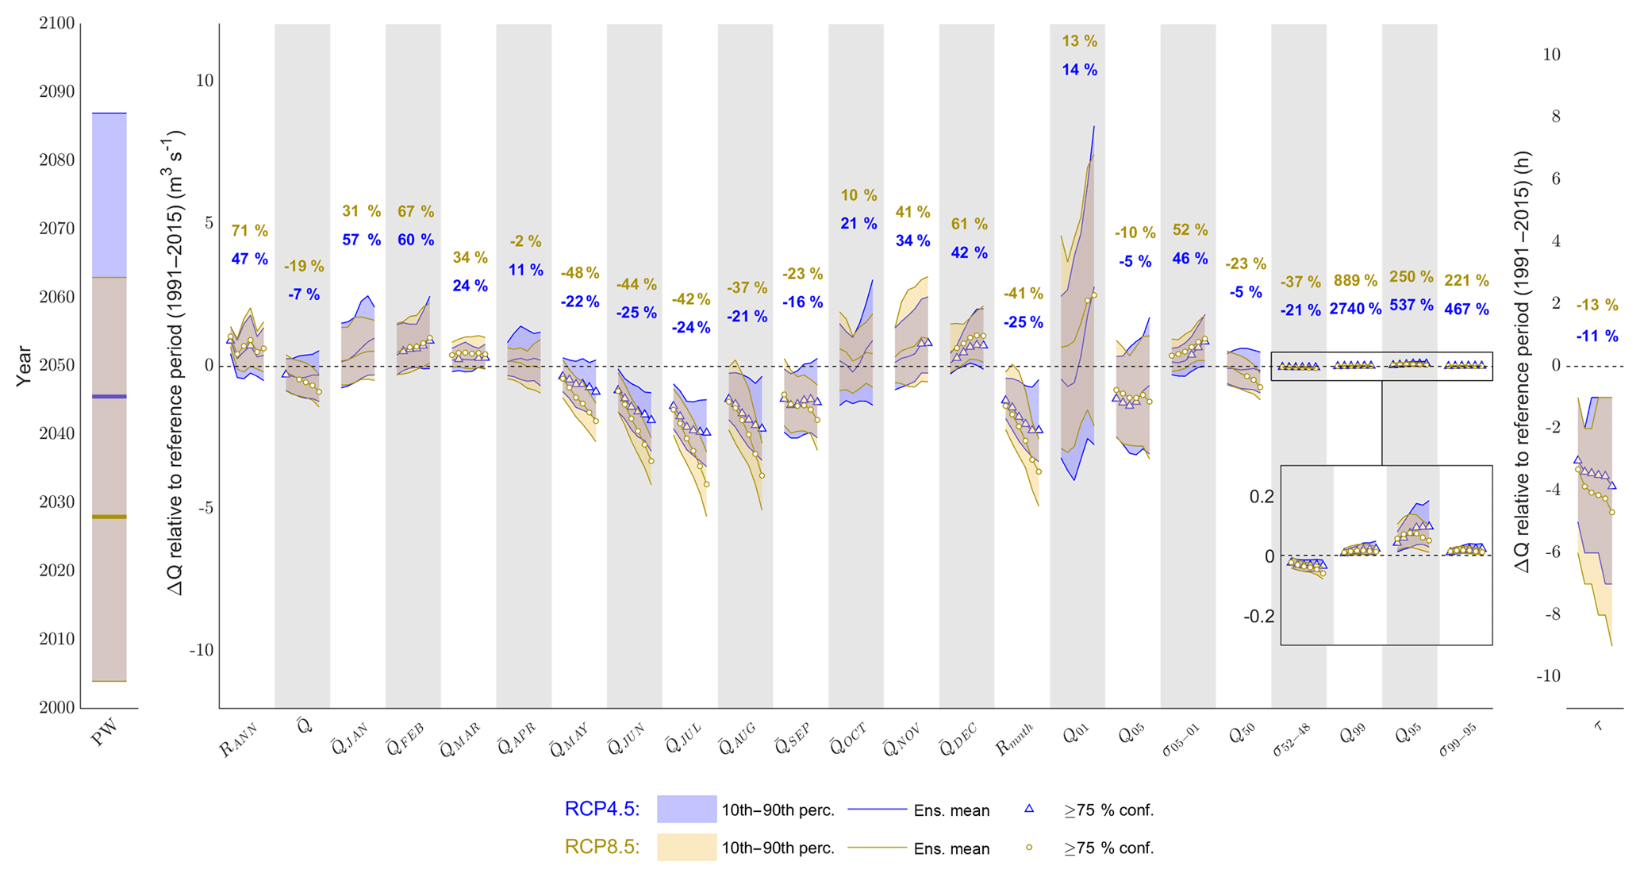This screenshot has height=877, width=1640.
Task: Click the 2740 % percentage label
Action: (x=1355, y=309)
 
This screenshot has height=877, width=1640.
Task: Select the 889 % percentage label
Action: (x=1355, y=280)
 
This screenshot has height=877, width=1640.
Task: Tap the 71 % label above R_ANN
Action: (x=249, y=231)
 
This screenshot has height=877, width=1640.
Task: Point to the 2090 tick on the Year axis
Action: (x=56, y=92)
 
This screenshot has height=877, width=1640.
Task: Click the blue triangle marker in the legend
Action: (x=1029, y=809)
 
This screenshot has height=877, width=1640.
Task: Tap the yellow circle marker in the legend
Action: (x=1029, y=847)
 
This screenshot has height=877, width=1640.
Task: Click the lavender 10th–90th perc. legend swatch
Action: (x=686, y=810)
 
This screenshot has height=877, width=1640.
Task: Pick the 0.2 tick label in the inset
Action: (x=1262, y=497)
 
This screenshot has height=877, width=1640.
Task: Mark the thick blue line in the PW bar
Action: (x=109, y=396)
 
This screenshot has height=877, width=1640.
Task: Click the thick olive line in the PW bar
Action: (x=109, y=517)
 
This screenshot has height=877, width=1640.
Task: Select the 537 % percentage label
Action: (x=1411, y=306)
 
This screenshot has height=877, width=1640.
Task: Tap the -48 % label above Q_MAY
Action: (x=580, y=273)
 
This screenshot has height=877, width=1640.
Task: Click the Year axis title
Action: (x=25, y=366)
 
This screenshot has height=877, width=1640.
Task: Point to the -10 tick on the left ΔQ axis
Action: (x=201, y=650)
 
